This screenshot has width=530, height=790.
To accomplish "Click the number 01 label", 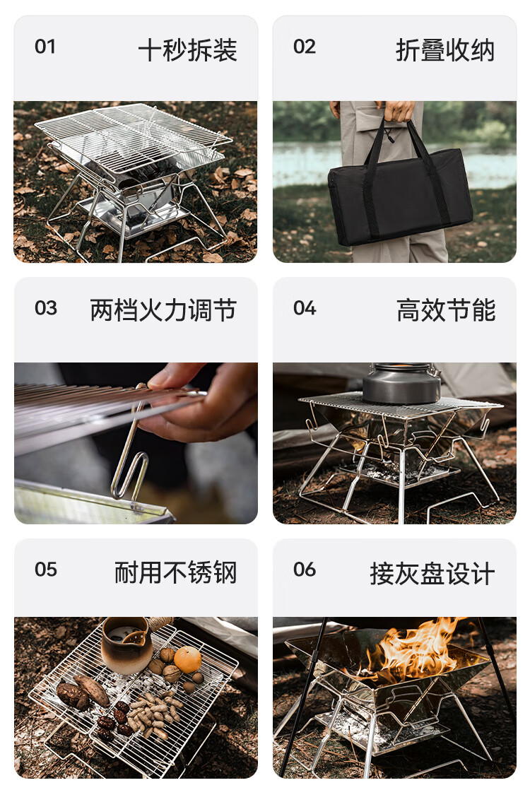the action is [x=45, y=47].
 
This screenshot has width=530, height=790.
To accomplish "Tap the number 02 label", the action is [x=305, y=47].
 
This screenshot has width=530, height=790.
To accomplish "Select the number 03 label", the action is [x=46, y=308].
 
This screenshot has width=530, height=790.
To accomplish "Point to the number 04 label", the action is [x=305, y=308].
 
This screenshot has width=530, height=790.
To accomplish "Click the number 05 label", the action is [x=46, y=570].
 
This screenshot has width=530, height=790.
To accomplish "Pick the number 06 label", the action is [x=305, y=570].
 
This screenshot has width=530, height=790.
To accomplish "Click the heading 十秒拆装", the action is [x=188, y=50].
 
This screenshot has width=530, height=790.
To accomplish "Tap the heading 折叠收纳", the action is [x=445, y=50].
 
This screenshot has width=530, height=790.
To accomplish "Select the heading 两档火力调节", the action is [x=163, y=310].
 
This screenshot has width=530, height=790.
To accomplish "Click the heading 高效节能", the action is [x=447, y=310].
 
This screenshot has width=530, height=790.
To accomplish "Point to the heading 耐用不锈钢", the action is [x=176, y=572].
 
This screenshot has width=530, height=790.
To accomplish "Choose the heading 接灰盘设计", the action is [x=432, y=573].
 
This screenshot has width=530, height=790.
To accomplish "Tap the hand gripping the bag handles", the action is [x=399, y=111].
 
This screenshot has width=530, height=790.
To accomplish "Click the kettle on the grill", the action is [x=401, y=383].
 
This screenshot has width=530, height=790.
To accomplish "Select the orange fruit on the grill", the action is [x=188, y=659].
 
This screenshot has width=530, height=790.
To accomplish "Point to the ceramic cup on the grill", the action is [x=126, y=645].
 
